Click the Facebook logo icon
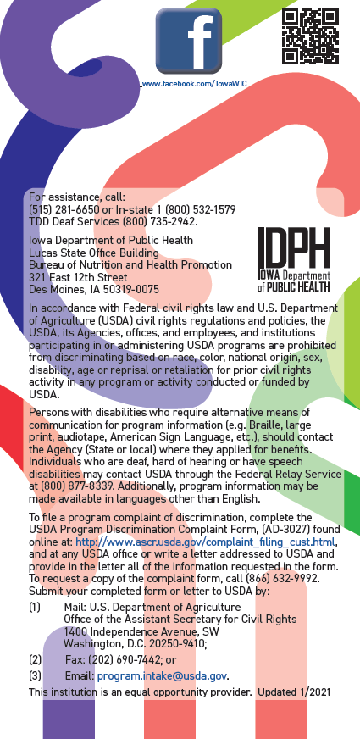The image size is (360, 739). (188, 40)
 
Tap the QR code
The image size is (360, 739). (310, 36)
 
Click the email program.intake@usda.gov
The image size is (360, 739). (162, 675)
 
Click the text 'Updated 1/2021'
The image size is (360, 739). (296, 692)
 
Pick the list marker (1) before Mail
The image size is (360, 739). (35, 608)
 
